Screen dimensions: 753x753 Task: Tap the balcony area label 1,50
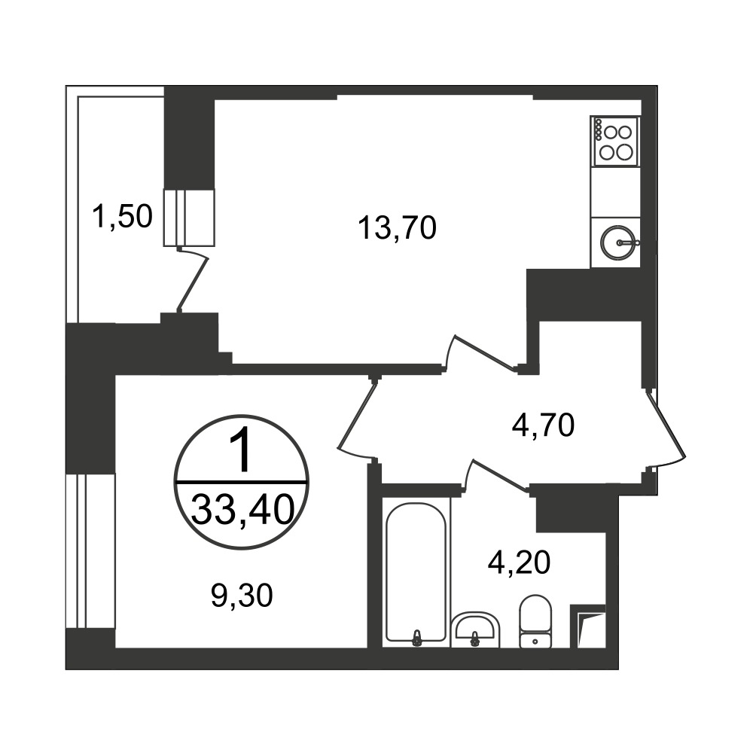point(123,216)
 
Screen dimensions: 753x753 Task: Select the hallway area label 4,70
point(543,425)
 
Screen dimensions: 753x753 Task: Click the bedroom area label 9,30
point(242,596)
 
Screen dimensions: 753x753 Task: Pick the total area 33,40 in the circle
point(242,510)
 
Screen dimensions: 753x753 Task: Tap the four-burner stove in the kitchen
point(615,142)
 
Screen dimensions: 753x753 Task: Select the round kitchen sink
point(619,242)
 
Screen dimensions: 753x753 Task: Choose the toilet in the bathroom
point(535,621)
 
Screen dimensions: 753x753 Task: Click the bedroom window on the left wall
point(90,551)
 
